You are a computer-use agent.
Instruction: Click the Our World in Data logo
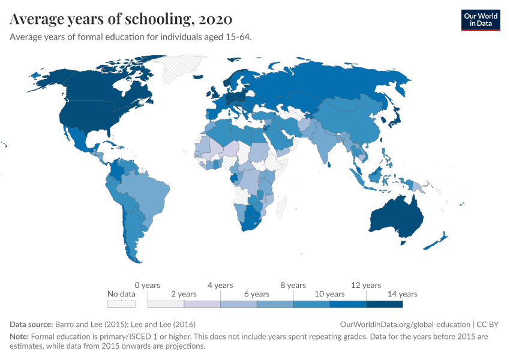pos(480,20)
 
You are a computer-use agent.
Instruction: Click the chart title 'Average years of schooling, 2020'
pos(118,19)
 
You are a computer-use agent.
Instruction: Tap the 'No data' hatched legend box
pos(121,304)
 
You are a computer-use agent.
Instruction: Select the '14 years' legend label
pos(402,294)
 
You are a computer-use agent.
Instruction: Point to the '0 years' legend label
pos(147,285)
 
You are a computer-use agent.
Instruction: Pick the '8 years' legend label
pos(293,285)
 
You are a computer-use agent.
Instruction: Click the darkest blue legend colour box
pos(384,304)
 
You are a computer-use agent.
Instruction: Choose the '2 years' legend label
pos(184,294)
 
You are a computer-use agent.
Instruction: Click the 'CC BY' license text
pos(489,324)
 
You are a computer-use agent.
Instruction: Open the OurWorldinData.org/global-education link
pos(405,324)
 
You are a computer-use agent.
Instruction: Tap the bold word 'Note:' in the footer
pos(19,337)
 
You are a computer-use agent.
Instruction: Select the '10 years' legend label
pos(329,294)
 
